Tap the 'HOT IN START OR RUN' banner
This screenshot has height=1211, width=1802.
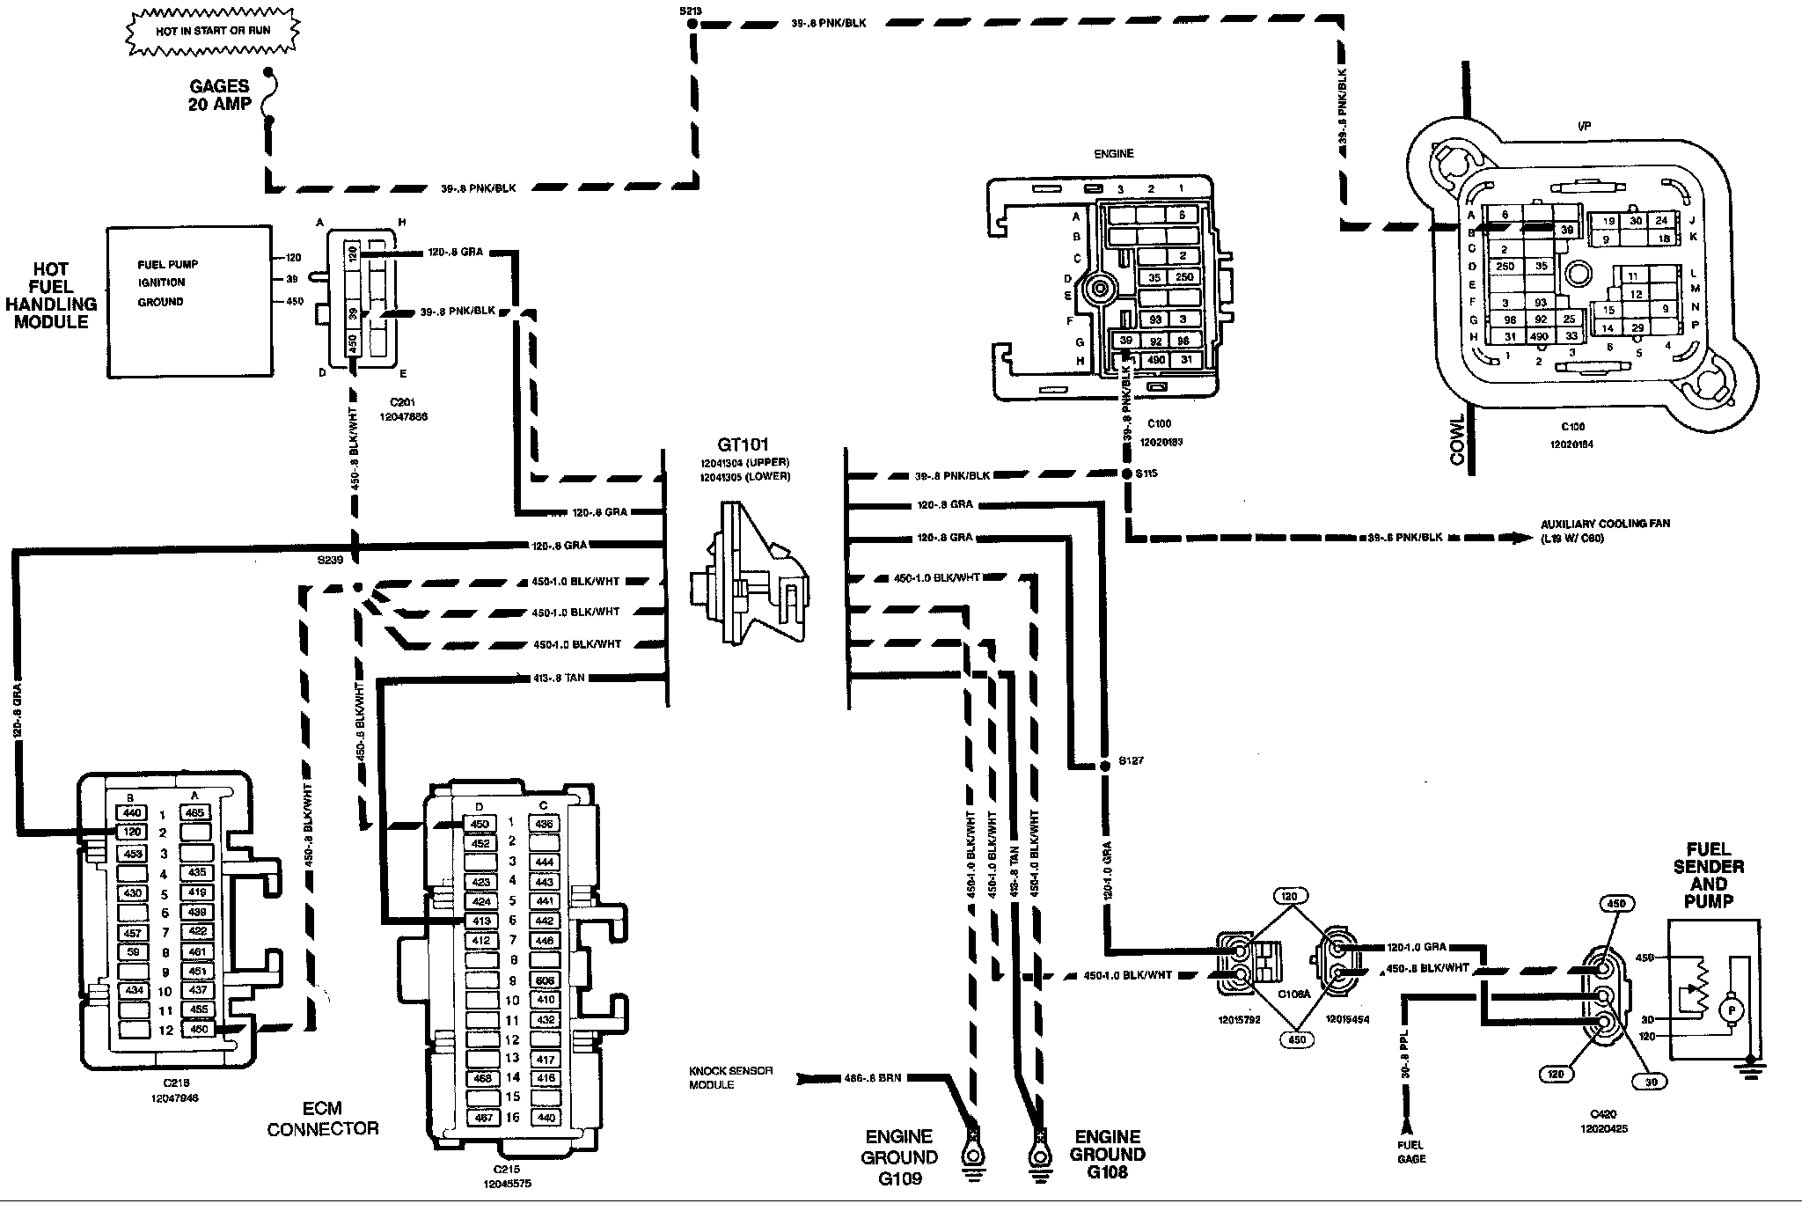[214, 31]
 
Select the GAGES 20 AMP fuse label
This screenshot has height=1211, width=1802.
[219, 95]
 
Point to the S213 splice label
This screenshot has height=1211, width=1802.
[691, 10]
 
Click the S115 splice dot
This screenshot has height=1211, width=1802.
[1126, 473]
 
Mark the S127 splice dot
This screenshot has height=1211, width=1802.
[1105, 767]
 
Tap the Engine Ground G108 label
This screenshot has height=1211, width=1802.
[1107, 1154]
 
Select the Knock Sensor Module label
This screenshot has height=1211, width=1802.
[730, 1078]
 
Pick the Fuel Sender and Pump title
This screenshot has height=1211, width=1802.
[1709, 876]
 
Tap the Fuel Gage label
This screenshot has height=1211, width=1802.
[1410, 1152]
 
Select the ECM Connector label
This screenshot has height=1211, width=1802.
[323, 1118]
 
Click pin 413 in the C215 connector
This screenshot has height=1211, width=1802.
[480, 921]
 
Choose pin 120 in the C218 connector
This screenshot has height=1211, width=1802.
[131, 833]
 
